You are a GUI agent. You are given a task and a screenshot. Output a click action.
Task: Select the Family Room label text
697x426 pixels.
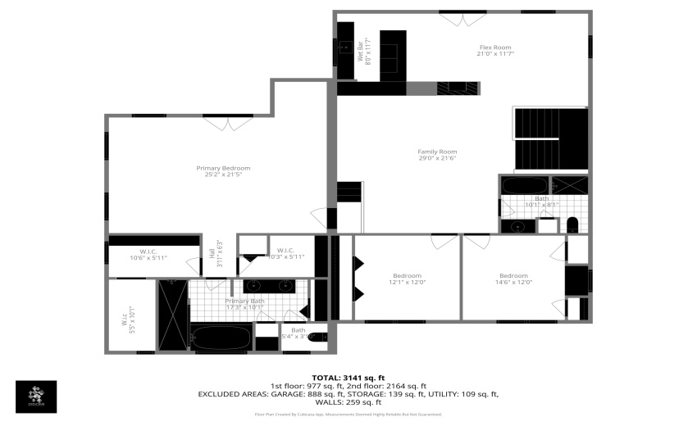437,155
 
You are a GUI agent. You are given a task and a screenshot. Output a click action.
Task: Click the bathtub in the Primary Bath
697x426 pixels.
221,337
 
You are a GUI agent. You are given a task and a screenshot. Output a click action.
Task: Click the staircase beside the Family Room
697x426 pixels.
550,139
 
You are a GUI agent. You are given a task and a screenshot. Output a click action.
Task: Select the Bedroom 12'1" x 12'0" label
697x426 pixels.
407,279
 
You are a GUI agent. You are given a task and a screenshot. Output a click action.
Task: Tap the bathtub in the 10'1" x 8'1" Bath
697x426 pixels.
524,185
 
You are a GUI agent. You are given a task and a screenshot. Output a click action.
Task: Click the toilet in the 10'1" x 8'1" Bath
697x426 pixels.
572,224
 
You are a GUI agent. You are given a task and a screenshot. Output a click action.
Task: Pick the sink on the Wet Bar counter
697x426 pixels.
344,49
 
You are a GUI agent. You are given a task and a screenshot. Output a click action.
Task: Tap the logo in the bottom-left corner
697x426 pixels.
37,397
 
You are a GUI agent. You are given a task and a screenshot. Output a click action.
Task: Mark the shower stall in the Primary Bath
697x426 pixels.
173,315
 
